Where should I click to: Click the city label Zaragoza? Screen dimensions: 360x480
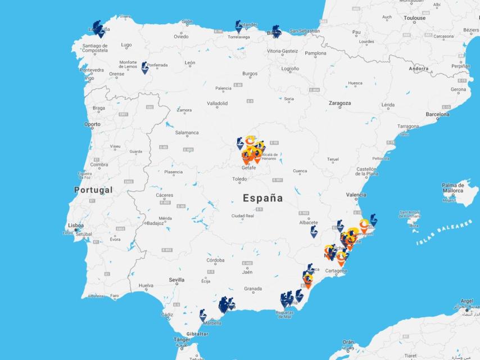point(339,103)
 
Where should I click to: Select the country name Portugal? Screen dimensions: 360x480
point(93,190)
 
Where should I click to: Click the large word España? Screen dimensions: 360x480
point(263,198)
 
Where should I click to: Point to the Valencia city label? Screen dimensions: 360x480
point(356,195)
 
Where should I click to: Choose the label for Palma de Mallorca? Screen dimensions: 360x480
point(452,188)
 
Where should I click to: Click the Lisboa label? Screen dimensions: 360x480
point(76,226)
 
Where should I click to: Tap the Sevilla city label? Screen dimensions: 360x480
point(176,280)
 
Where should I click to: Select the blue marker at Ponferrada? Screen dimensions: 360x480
point(145,67)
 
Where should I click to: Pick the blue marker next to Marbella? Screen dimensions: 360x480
point(203,316)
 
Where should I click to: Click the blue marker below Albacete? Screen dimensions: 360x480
point(314,232)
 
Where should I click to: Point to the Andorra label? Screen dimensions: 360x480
point(419,69)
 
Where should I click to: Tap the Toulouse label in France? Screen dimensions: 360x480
point(415,18)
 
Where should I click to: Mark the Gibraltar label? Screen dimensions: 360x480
point(198,334)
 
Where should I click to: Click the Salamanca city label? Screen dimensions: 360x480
point(187,133)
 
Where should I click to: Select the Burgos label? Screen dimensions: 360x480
point(250,74)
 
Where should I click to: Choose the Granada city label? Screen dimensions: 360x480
point(253,289)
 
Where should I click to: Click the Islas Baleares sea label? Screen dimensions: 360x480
point(444,233)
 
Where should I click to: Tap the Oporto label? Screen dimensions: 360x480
point(92,124)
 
